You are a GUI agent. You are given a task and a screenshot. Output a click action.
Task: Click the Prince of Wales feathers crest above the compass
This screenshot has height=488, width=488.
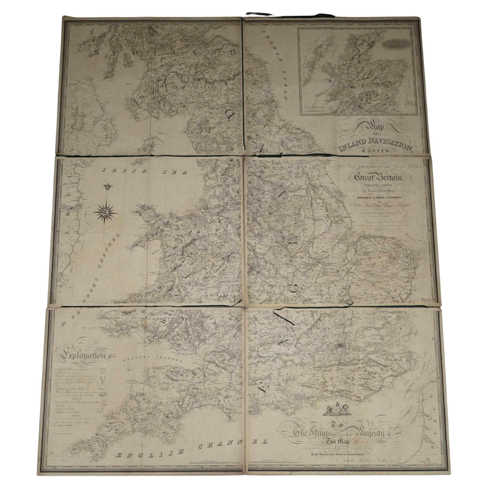(108, 187)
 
